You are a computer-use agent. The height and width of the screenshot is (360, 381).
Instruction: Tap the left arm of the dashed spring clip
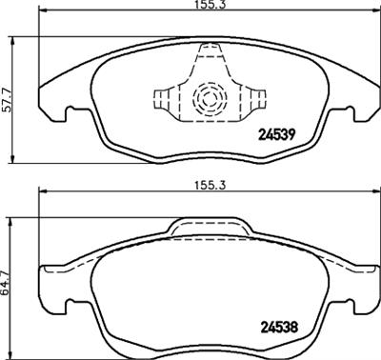coord(163,98)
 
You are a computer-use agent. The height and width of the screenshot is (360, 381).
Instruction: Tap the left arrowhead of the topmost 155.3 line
coord(40,14)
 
